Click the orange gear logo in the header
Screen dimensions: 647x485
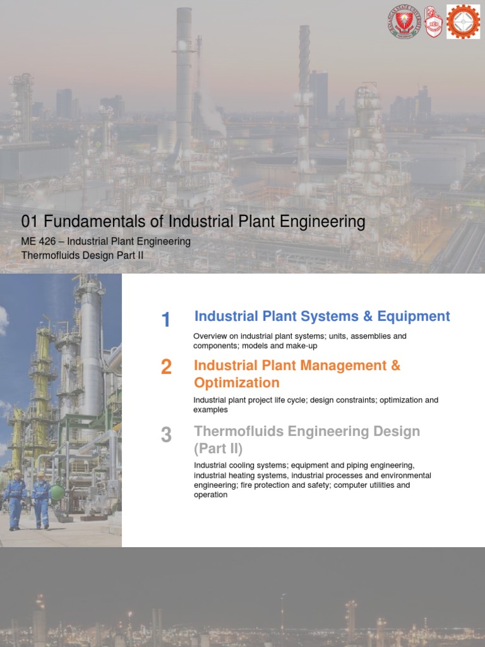click(464, 21)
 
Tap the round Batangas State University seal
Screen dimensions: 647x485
click(403, 22)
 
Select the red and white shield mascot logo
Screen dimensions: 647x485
click(433, 21)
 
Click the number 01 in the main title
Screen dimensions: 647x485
click(30, 222)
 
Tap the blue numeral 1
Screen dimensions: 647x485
click(166, 320)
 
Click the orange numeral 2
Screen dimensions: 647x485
click(166, 367)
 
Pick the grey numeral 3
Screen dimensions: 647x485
click(166, 435)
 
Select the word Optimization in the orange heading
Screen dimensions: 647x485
click(236, 383)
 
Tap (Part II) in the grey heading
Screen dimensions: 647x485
click(218, 449)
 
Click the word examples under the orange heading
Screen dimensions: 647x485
click(210, 409)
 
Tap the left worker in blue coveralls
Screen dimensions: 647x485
click(16, 499)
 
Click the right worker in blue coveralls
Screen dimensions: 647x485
click(42, 500)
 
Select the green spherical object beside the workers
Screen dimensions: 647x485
click(57, 492)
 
